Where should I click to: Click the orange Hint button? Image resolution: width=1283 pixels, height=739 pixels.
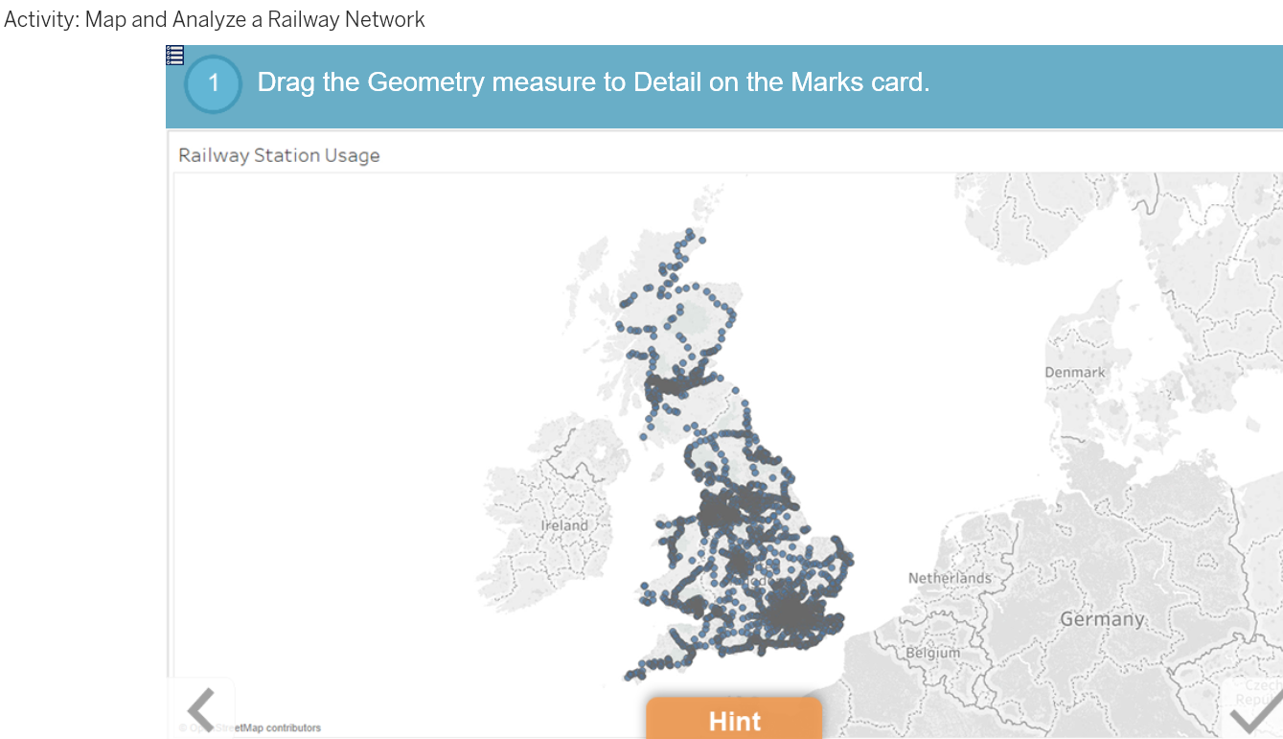[733, 720]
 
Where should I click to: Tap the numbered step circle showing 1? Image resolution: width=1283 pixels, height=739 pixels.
[213, 83]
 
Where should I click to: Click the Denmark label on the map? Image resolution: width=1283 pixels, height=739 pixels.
[1074, 372]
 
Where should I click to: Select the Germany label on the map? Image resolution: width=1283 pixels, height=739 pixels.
[1102, 619]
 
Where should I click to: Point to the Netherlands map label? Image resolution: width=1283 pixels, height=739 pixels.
[950, 578]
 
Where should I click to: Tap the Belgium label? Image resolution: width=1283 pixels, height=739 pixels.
[932, 653]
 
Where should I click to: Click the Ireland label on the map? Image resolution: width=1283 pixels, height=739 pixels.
[564, 525]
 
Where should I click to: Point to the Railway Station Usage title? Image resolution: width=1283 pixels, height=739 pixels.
[279, 155]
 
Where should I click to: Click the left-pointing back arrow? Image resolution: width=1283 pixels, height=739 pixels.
[201, 710]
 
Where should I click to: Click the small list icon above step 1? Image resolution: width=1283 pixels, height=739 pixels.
[174, 56]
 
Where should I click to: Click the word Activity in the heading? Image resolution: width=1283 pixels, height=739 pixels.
[40, 19]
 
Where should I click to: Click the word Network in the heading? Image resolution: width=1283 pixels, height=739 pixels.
[388, 19]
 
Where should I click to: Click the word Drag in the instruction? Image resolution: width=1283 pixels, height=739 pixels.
[286, 82]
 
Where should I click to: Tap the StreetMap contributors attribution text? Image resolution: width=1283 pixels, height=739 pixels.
[267, 728]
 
